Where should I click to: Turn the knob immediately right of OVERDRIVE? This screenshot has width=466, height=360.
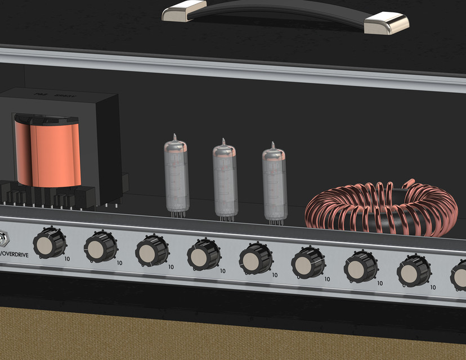pos(49,244)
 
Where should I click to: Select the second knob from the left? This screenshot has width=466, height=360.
pos(101,247)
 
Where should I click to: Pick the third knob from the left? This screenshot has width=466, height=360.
pos(152,251)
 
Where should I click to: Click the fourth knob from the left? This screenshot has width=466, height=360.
pos(204,255)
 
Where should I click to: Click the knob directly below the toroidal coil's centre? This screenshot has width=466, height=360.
pos(361,267)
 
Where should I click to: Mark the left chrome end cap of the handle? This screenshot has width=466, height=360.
pos(185,11)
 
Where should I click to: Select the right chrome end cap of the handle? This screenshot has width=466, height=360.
pos(386,22)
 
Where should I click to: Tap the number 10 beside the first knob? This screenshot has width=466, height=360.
pos(67,259)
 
